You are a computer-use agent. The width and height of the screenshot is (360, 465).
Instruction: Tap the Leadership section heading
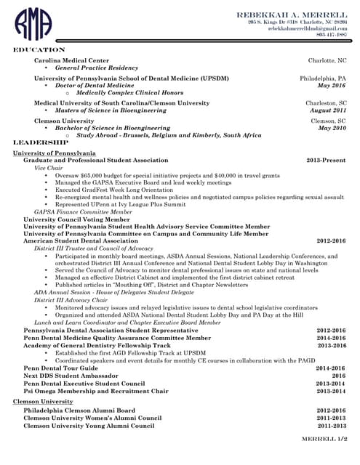tap(41, 142)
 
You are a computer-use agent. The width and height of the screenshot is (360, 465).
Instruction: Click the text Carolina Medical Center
tap(71, 60)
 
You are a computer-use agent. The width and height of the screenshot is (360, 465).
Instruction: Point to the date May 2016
tap(332, 85)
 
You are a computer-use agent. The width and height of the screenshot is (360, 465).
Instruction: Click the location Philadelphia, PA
tap(323, 77)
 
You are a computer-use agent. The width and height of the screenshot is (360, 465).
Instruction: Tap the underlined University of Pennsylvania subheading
tap(54, 153)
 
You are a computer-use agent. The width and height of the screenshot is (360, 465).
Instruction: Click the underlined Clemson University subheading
tap(44, 401)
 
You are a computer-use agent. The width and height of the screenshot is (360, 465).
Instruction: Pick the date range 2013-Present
tap(327, 160)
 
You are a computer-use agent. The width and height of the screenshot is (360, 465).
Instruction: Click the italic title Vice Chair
tap(49, 168)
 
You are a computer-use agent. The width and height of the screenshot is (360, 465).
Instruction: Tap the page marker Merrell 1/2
tap(324, 440)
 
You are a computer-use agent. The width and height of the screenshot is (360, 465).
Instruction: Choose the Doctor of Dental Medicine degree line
tap(95, 85)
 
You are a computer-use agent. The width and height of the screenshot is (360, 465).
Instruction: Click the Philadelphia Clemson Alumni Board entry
tap(79, 410)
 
